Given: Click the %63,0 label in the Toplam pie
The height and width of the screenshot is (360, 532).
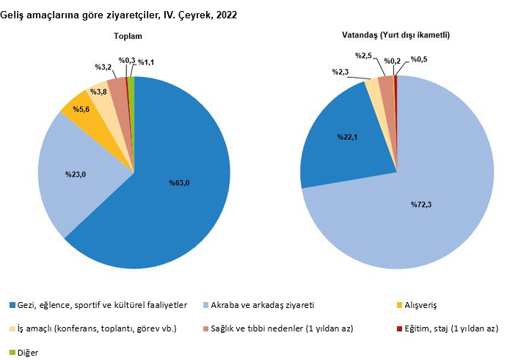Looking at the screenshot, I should pyautogui.click(x=179, y=183).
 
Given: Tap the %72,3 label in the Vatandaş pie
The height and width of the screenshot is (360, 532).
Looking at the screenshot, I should pyautogui.click(x=421, y=205).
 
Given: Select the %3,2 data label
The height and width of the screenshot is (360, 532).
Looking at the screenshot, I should pyautogui.click(x=103, y=67).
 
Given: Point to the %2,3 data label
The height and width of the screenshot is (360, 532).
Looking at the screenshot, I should pyautogui.click(x=340, y=72).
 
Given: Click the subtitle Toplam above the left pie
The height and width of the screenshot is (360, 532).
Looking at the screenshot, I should pyautogui.click(x=128, y=36).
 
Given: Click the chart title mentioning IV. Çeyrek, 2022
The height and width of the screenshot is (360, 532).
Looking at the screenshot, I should pyautogui.click(x=119, y=14).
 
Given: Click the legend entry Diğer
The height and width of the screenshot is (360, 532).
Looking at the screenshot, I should pyautogui.click(x=28, y=353).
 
